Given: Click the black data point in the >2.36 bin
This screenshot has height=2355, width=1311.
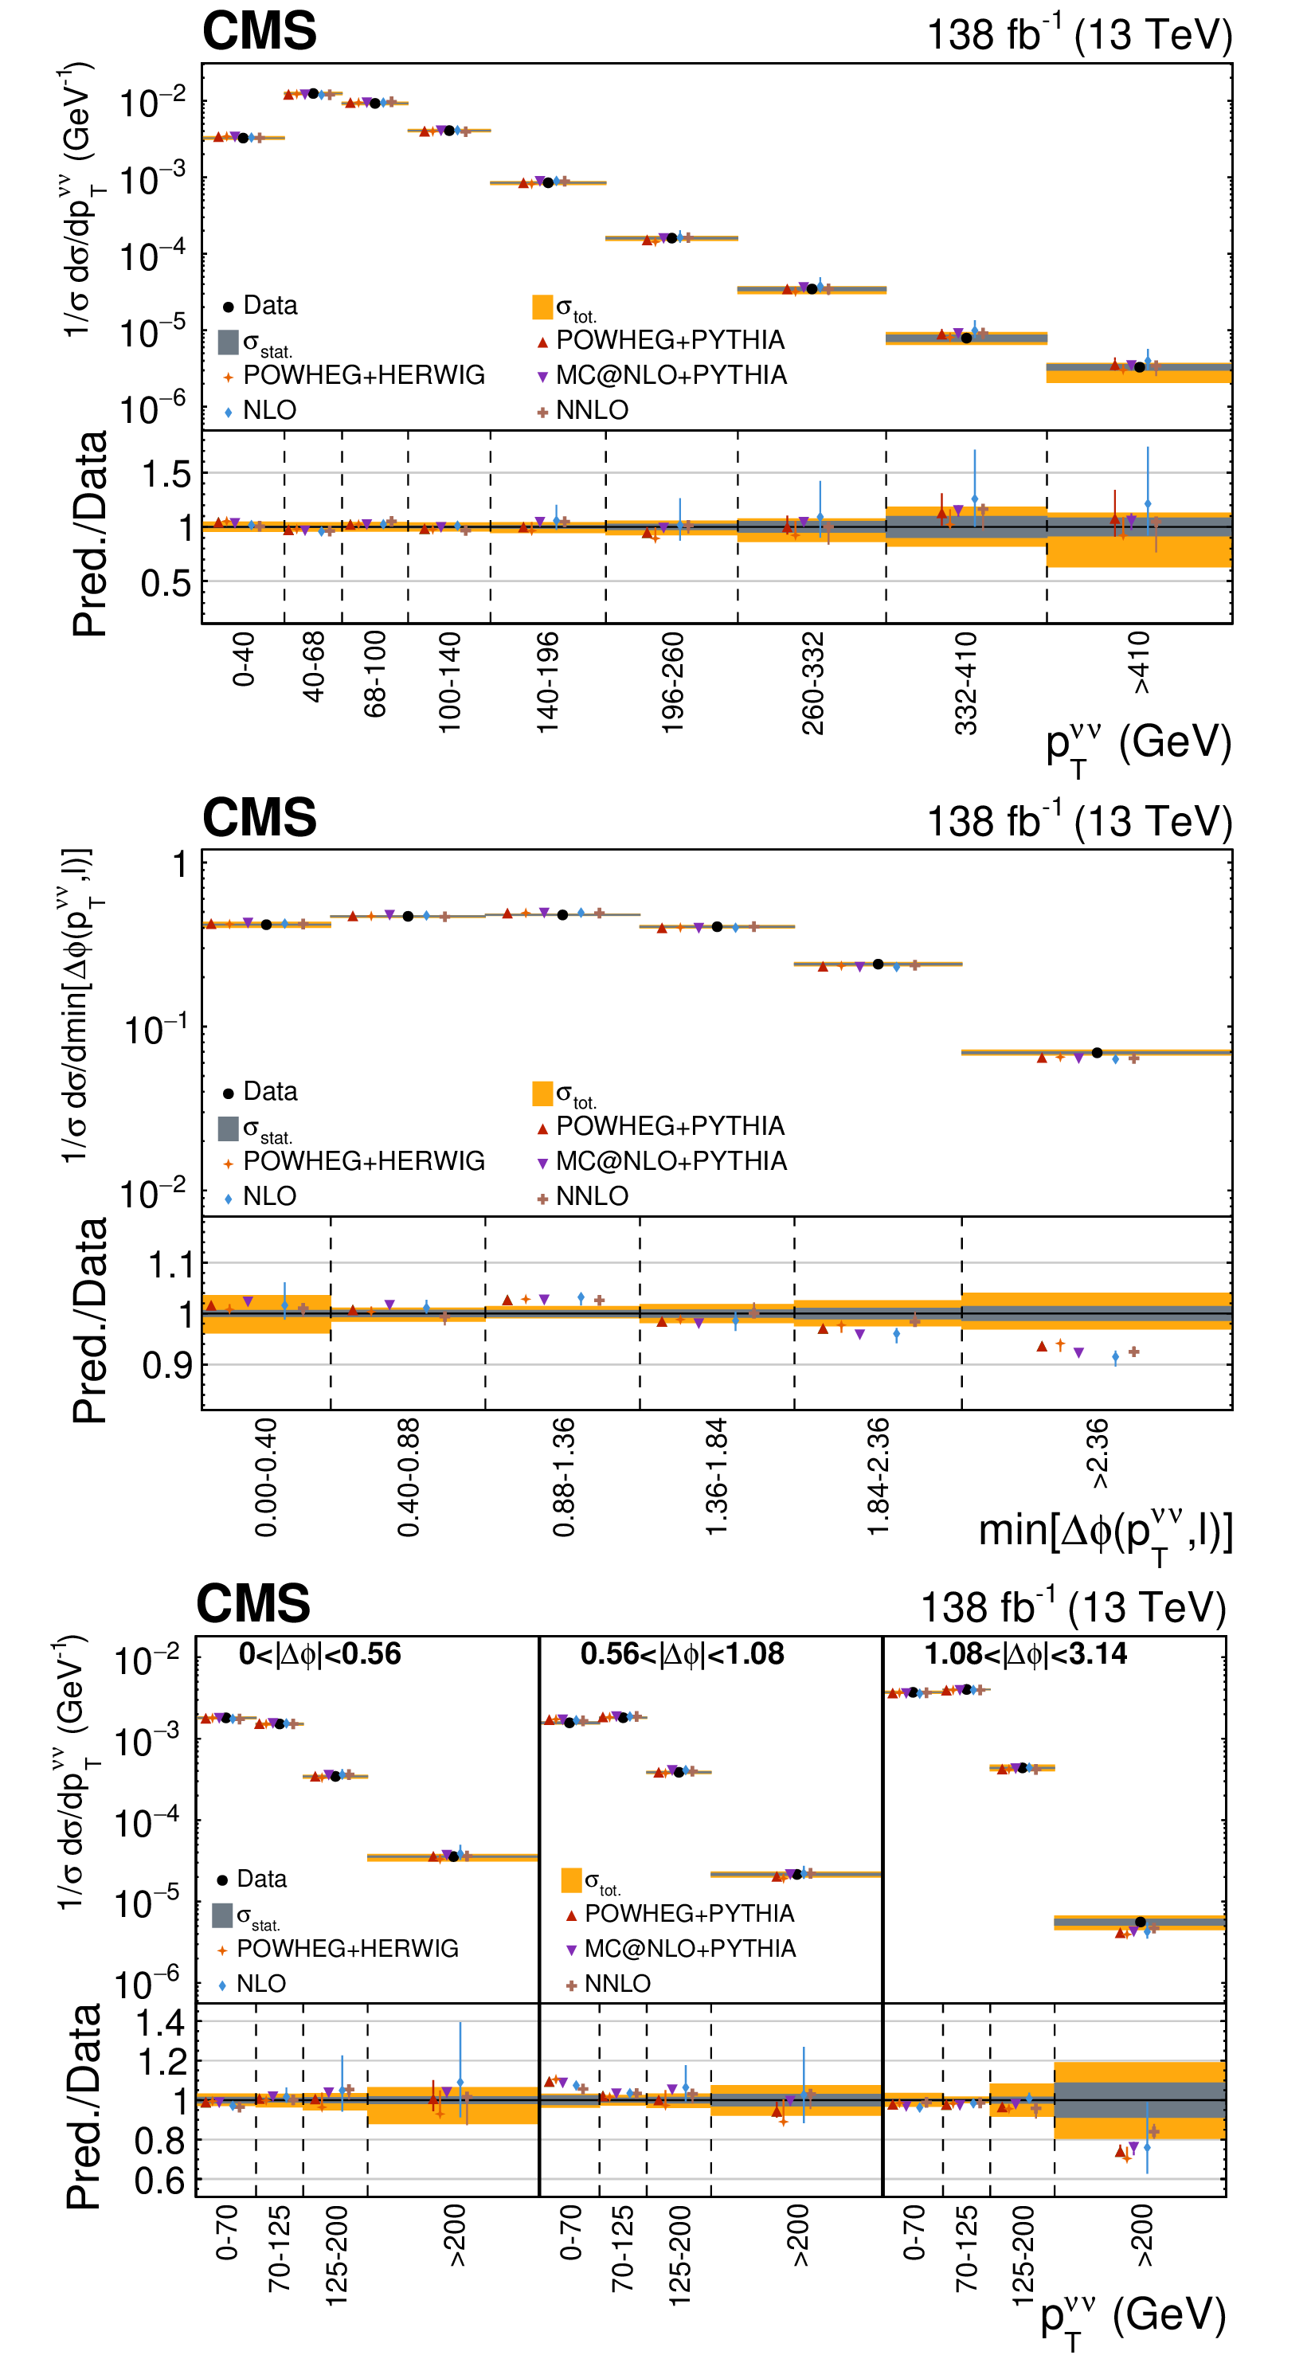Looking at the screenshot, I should (x=1097, y=1052).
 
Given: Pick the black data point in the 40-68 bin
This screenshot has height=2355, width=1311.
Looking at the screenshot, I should (x=313, y=93).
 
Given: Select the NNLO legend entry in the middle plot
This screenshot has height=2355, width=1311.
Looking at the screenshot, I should (x=592, y=1195).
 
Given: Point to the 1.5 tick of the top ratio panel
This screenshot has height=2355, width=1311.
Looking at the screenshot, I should (x=166, y=475).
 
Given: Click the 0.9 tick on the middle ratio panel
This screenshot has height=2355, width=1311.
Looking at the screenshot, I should (x=168, y=1366).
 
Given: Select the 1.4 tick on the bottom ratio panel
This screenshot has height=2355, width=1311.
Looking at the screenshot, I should (x=161, y=2022).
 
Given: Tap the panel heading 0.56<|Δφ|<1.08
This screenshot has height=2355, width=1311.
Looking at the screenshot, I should (x=682, y=1654).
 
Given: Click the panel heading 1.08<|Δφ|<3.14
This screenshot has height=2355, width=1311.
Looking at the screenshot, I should (x=1026, y=1654).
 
